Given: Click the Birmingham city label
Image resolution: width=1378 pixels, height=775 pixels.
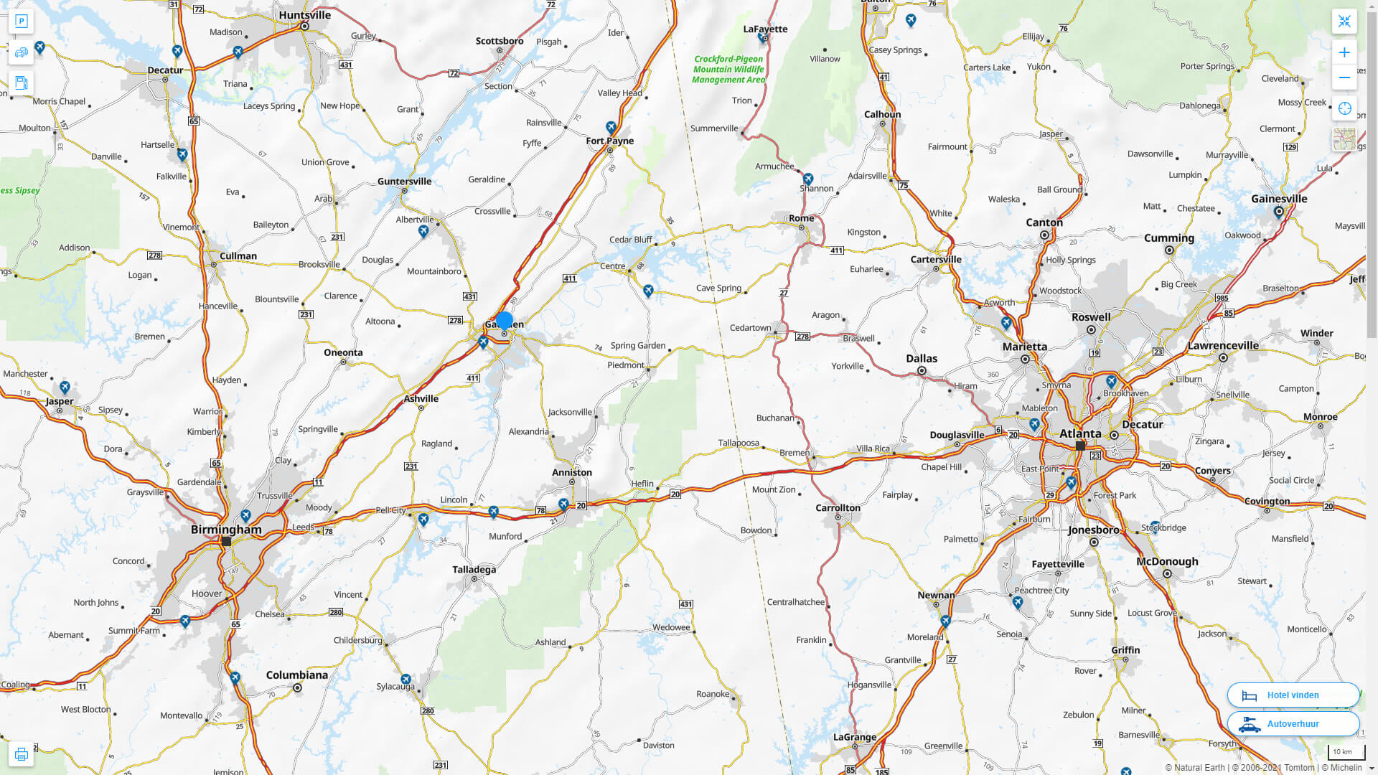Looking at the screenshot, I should point(226,530).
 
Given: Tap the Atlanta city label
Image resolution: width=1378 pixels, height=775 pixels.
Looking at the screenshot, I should point(1080,433).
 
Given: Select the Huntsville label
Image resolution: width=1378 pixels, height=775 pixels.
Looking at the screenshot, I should point(305,15).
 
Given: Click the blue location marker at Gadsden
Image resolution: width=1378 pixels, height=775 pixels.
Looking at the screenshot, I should point(505,321).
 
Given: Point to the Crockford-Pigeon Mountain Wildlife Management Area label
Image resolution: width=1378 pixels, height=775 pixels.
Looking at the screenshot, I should point(728,70).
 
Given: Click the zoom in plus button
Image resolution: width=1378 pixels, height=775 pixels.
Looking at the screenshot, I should point(1344,52).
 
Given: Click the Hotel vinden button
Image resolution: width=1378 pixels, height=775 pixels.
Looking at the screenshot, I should point(1293,695).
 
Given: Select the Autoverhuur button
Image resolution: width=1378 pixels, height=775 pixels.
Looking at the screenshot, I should point(1293,724).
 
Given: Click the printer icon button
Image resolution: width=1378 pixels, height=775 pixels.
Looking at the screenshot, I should point(21,754).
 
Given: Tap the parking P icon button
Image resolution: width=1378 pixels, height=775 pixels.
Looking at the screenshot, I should point(21,21).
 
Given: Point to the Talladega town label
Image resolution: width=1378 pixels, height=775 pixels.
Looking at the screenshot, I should point(474,570).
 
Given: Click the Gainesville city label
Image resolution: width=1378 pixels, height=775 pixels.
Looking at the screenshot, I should point(1279,199).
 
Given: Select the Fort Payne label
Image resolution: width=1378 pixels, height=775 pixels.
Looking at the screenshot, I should point(609,141).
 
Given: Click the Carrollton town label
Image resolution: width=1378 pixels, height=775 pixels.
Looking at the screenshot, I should point(838,508).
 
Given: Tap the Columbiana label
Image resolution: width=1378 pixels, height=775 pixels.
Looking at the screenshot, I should point(296,675).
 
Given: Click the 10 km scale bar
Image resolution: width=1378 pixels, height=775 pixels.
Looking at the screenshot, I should point(1344,752).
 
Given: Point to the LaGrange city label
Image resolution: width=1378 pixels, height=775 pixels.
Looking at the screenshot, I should point(854,737).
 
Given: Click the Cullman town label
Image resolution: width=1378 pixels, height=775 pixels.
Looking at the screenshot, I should point(238,256).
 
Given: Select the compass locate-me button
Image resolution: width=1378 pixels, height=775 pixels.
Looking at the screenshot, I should point(1344,108).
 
